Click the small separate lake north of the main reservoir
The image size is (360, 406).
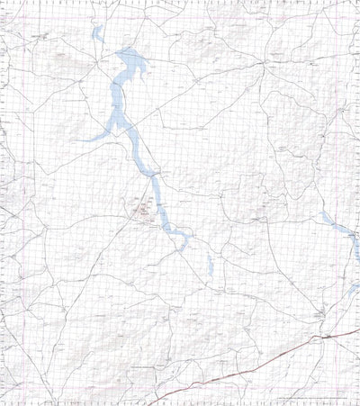[x=95, y=34]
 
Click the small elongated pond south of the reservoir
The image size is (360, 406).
[x=210, y=265]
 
